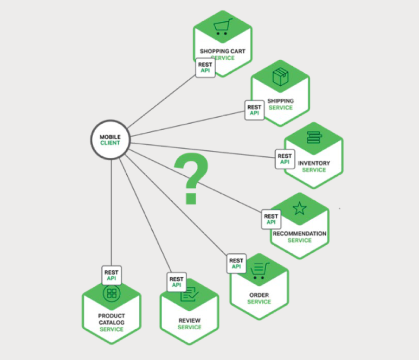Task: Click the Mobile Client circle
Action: click(110, 140)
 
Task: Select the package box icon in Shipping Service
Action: click(280, 77)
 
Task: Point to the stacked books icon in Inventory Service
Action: click(314, 137)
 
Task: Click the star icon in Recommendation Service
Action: click(299, 208)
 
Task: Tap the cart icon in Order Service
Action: click(259, 271)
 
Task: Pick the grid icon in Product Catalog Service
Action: click(112, 293)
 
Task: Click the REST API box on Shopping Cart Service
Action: click(205, 68)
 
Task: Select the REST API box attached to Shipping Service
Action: click(254, 110)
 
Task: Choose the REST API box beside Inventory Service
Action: click(285, 159)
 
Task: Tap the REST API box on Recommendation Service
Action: click(271, 219)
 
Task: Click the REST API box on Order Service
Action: click(236, 264)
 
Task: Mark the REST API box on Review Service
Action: click(176, 282)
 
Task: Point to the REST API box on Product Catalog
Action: click(112, 275)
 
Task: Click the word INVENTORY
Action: click(314, 163)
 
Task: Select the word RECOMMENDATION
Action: click(299, 234)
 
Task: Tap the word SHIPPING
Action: click(280, 101)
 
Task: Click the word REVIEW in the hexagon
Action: click(189, 321)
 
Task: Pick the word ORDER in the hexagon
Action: click(259, 295)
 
